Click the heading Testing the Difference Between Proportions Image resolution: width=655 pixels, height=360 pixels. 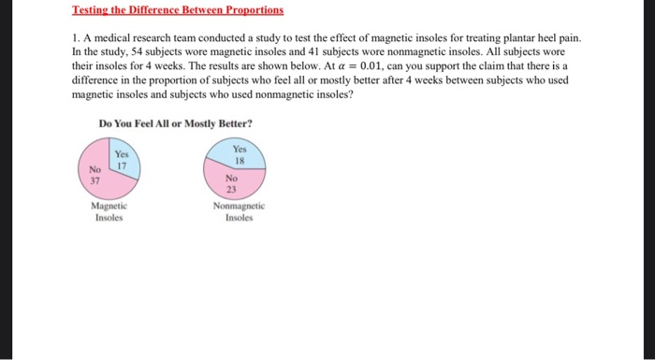click(177, 10)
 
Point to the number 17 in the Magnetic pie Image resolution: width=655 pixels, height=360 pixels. click(121, 166)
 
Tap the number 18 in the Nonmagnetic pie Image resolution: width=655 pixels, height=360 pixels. click(240, 160)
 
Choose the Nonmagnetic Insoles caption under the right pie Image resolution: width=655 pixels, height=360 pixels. click(240, 211)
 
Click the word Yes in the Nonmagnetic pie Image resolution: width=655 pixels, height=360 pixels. click(240, 149)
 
